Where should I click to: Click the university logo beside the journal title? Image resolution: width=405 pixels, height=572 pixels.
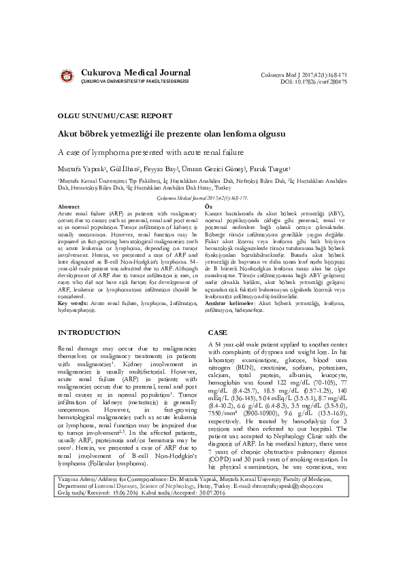(x=67, y=75)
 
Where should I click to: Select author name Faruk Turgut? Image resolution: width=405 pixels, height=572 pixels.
(x=270, y=168)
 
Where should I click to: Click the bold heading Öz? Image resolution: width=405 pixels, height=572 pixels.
(x=209, y=206)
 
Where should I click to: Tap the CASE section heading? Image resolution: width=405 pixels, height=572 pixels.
(x=217, y=333)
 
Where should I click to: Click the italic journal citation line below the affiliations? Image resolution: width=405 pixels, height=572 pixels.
(x=202, y=198)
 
